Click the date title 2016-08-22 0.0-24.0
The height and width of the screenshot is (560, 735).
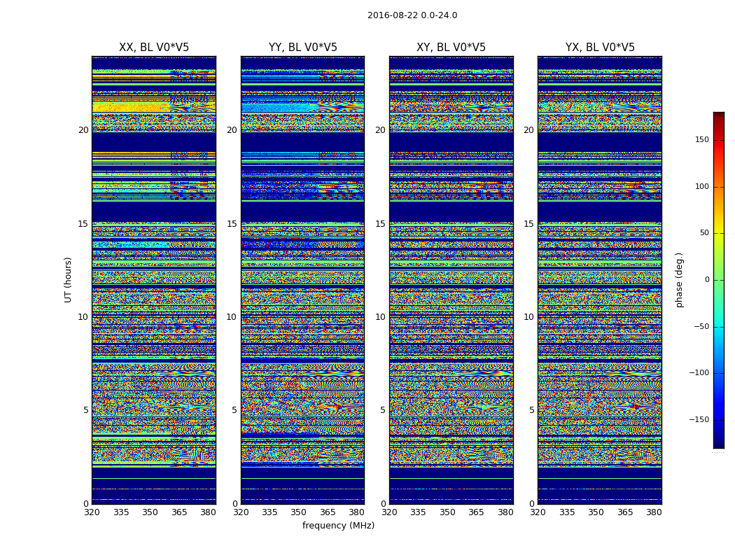(x=412, y=15)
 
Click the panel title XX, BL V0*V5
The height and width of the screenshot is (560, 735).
(x=154, y=48)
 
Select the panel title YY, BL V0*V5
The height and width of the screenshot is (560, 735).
(x=302, y=48)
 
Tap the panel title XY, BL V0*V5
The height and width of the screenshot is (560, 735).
(x=451, y=48)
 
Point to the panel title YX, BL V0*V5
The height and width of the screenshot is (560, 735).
(x=600, y=48)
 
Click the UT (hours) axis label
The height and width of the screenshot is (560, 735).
(x=69, y=279)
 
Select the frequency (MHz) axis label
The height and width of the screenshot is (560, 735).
(x=338, y=526)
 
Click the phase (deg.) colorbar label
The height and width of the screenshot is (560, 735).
(x=679, y=279)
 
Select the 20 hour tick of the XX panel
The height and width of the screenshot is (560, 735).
(x=83, y=130)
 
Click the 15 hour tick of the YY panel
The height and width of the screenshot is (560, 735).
(x=232, y=224)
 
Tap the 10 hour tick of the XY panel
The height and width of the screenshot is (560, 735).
(x=380, y=317)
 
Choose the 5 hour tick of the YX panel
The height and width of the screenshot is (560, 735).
(x=531, y=410)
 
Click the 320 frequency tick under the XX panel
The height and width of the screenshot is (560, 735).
(x=92, y=512)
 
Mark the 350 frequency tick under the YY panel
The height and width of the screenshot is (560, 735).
(x=299, y=512)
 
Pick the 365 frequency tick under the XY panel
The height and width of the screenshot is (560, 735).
(x=476, y=512)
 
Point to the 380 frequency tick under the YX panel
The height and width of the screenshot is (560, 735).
(x=654, y=512)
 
